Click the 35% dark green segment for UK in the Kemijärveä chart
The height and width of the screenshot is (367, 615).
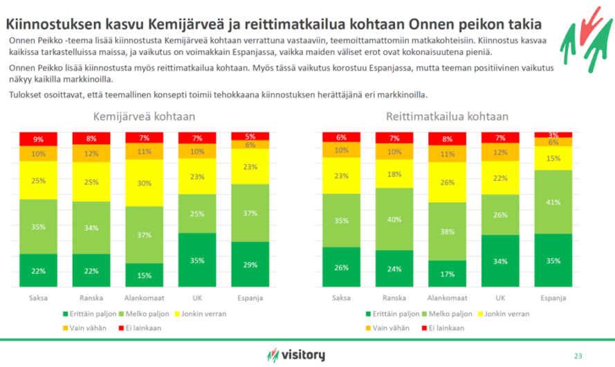(x=196, y=260)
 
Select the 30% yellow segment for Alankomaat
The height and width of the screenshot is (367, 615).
(x=143, y=183)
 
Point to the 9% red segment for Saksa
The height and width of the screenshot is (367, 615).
(x=38, y=139)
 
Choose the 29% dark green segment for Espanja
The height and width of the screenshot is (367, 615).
(x=249, y=265)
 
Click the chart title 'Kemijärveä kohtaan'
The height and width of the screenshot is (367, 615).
(x=144, y=116)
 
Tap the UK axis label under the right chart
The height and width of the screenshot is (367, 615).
(x=498, y=298)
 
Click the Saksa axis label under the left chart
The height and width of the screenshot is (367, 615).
(x=38, y=298)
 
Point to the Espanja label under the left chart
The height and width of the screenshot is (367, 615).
(x=249, y=298)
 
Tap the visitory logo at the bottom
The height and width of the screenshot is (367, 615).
(x=296, y=355)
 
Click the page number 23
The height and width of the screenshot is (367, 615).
(x=578, y=356)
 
